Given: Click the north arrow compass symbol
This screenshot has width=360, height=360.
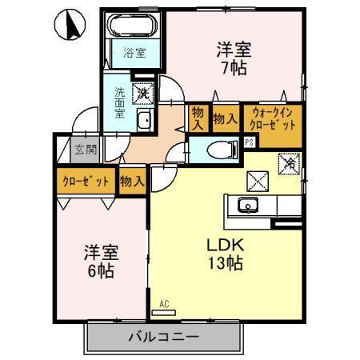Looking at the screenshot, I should click(70, 26).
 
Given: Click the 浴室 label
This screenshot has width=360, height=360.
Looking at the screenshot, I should click(134, 54).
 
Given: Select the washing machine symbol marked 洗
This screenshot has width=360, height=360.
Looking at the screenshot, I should click(144, 94).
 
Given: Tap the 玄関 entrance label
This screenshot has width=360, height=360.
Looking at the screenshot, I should click(86, 150).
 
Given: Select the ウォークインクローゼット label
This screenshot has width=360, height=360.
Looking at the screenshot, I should click(273, 119).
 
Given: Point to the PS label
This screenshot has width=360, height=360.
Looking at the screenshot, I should click(250, 142).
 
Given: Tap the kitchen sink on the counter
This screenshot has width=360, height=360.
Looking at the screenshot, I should click(249, 206).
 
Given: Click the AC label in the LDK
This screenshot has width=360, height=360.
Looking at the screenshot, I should click(164, 302).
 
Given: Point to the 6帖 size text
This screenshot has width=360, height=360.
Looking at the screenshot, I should click(100, 271).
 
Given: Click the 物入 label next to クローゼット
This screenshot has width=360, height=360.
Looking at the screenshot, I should click(131, 182).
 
